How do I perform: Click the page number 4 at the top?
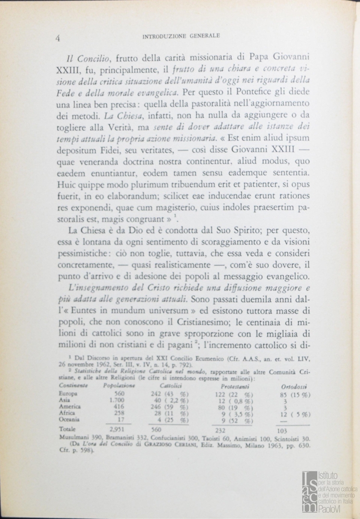coord(58,39)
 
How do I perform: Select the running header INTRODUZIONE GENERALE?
coord(181,36)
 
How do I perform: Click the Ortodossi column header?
coord(295,386)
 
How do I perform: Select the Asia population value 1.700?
coord(117,400)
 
